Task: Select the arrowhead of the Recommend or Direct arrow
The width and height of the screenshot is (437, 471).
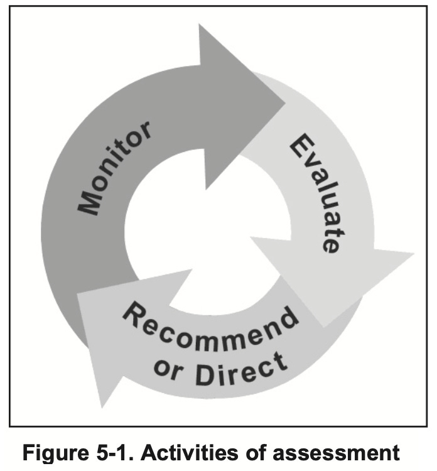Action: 107,339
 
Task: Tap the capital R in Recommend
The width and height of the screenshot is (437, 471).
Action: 134,313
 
